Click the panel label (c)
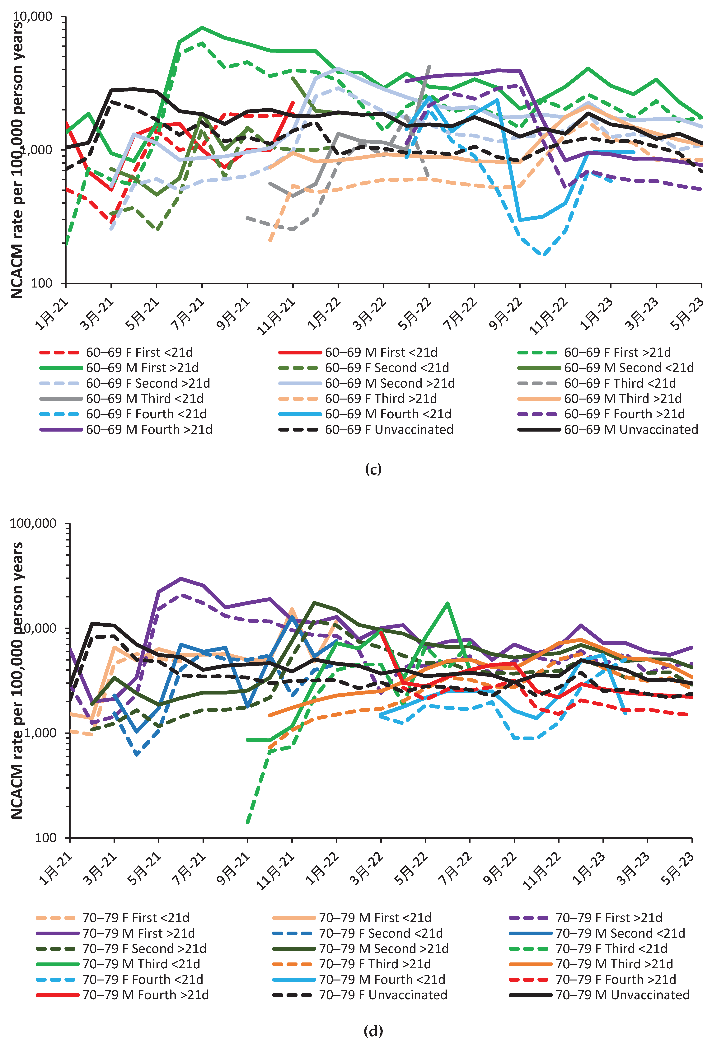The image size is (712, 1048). [373, 469]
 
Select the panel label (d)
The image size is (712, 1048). [373, 1031]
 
